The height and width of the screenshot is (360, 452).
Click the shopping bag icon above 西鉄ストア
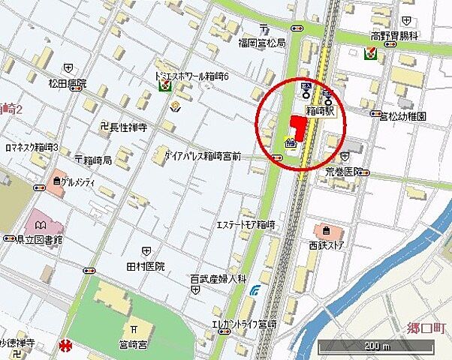click(x=325, y=230)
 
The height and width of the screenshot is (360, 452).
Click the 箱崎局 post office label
click(x=97, y=160)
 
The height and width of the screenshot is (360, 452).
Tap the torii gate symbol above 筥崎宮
click(x=132, y=328)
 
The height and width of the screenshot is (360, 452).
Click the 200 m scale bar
click(x=375, y=346)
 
